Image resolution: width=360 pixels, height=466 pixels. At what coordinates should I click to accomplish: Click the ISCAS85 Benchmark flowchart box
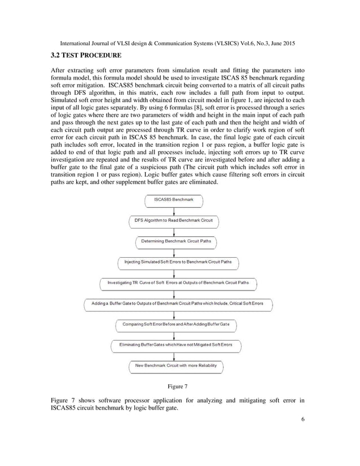click(x=174, y=200)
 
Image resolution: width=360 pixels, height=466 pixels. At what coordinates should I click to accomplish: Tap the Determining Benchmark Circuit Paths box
click(x=176, y=241)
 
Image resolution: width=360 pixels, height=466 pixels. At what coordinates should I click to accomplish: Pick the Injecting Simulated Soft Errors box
click(x=178, y=262)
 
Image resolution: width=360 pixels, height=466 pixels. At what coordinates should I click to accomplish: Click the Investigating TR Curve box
click(x=178, y=283)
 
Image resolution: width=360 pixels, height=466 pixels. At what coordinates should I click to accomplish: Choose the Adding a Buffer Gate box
click(x=177, y=304)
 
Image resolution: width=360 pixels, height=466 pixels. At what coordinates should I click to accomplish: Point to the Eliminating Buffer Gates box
click(x=176, y=345)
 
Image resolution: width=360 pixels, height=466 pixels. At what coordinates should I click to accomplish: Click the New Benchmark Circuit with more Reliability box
click(x=176, y=366)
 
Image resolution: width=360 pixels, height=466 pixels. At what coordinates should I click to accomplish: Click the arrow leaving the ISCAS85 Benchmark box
click(x=174, y=210)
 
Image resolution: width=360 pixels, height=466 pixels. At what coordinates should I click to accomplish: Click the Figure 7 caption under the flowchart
click(x=178, y=386)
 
